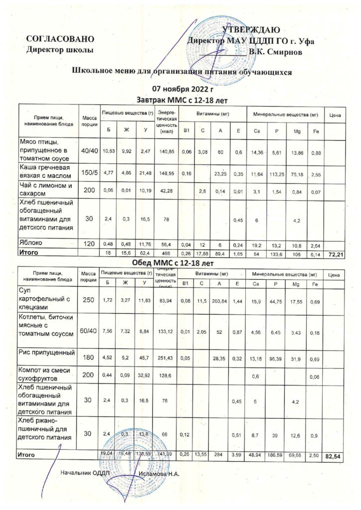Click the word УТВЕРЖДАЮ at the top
click(254, 30)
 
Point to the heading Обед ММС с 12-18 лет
click(180, 262)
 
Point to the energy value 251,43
click(166, 357)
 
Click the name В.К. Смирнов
click(276, 51)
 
